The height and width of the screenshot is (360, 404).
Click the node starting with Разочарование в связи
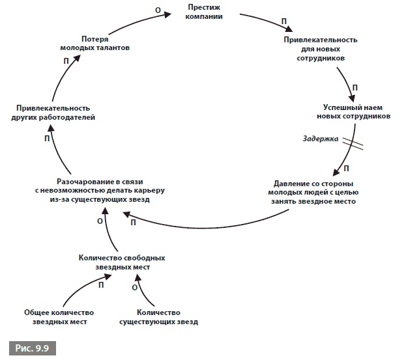click(x=101, y=190)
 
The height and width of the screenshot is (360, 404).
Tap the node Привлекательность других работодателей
click(x=53, y=112)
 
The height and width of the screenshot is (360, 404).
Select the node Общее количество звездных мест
click(x=55, y=316)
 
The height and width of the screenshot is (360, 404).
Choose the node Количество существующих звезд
click(x=158, y=316)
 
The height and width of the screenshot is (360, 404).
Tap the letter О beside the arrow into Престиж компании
click(x=157, y=10)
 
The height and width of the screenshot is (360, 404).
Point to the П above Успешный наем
click(x=354, y=87)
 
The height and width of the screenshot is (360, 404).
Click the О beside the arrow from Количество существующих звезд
click(x=135, y=286)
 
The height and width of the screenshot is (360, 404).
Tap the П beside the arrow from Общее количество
click(x=102, y=285)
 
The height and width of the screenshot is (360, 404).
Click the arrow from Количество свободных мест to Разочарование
click(x=109, y=231)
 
